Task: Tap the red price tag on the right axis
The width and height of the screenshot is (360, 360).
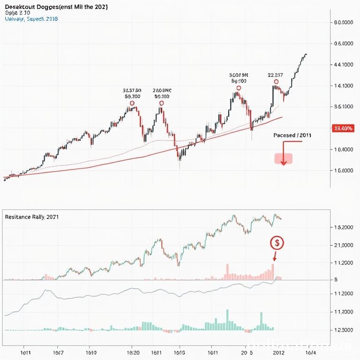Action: [x=342, y=128]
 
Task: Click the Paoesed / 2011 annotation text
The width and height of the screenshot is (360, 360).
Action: [x=292, y=135]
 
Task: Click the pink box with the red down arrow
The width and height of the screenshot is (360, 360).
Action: [x=283, y=158]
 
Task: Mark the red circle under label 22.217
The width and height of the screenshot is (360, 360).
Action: [x=275, y=82]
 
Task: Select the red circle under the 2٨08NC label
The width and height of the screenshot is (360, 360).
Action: [x=162, y=103]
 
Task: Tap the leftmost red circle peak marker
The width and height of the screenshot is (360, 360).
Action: [x=132, y=103]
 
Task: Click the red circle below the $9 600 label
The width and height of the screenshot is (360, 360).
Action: [x=239, y=88]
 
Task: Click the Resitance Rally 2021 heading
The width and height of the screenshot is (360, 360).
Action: [x=32, y=217]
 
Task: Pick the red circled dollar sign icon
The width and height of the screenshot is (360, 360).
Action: [x=277, y=242]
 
